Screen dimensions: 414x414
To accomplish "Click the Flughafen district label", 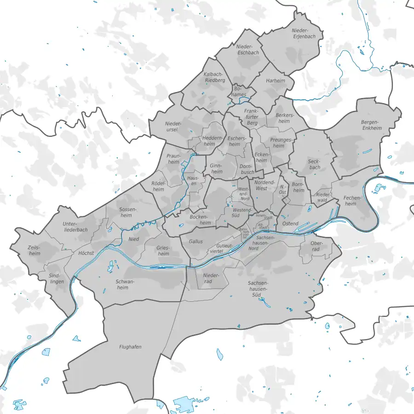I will [x=130, y=347].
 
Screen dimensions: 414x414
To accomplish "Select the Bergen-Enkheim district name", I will [x=372, y=125].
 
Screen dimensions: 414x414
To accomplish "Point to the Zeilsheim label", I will [x=34, y=250].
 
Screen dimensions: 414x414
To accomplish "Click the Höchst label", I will [x=86, y=253].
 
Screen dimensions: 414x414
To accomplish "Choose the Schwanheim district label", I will [x=125, y=284].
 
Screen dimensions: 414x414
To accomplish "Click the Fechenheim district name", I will [x=350, y=201].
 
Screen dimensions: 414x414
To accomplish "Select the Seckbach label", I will [x=314, y=164].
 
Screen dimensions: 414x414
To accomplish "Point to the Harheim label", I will [x=276, y=81].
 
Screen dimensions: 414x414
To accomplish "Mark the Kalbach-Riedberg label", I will [x=214, y=77].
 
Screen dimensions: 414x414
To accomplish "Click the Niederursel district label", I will [x=174, y=127].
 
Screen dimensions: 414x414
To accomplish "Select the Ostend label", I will [x=290, y=224].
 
